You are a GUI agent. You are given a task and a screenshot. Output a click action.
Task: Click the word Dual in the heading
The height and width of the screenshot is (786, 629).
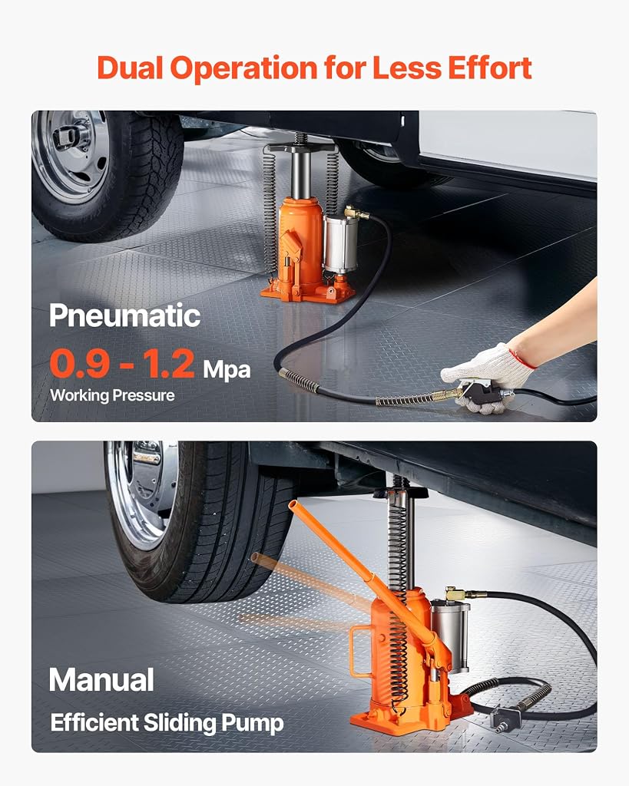click(130, 68)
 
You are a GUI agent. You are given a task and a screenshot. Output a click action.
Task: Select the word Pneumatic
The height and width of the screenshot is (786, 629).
click(125, 315)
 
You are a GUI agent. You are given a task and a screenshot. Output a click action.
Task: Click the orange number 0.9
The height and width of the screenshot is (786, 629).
click(79, 363)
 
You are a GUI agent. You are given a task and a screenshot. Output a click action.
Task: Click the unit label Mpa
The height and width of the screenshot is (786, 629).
click(227, 370)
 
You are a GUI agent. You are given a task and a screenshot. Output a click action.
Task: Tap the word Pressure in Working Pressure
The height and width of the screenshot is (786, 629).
click(143, 395)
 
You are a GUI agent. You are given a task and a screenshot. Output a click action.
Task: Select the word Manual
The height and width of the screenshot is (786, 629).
click(101, 680)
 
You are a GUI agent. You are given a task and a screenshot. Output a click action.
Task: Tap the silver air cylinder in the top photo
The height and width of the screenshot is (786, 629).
click(340, 244)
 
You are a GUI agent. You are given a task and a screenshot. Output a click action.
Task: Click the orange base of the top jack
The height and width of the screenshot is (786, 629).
click(307, 292)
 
